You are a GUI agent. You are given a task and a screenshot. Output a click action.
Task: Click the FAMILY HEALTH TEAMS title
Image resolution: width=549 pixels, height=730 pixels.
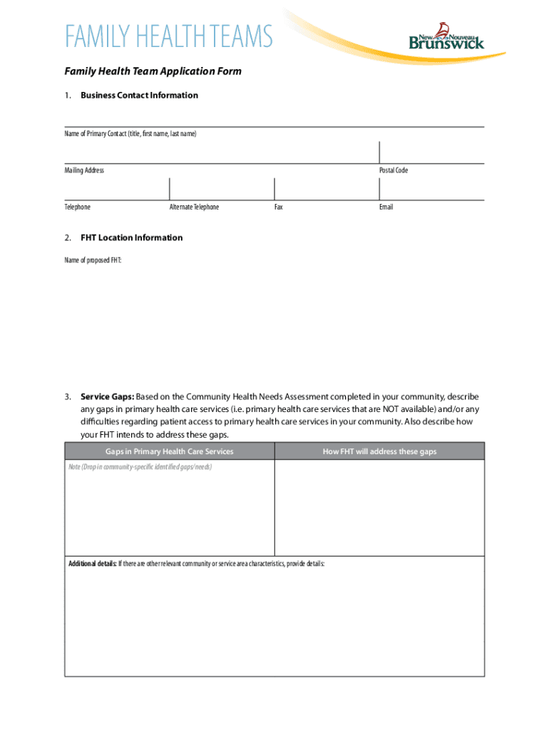click(169, 36)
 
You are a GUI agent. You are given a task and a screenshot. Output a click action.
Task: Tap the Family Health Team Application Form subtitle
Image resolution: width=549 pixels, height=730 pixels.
click(153, 71)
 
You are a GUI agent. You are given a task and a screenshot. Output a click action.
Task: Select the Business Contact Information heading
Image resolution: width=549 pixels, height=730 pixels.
click(139, 96)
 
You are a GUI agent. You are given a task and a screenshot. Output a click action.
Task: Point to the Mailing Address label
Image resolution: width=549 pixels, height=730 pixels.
click(84, 170)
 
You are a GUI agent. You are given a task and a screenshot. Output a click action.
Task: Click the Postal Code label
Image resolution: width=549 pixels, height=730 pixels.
click(394, 170)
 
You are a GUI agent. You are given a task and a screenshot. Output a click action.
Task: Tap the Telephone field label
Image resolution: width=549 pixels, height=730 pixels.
click(78, 207)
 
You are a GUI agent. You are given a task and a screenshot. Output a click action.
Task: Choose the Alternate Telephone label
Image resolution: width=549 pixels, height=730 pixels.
click(194, 207)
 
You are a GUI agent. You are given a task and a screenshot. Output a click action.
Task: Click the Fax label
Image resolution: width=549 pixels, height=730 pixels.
click(279, 207)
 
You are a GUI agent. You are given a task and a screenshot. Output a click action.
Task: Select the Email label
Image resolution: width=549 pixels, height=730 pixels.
click(386, 207)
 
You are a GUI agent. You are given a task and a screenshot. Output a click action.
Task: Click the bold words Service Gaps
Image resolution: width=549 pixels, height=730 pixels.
click(107, 396)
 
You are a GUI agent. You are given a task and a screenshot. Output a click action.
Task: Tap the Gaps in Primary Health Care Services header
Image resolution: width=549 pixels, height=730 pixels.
click(170, 452)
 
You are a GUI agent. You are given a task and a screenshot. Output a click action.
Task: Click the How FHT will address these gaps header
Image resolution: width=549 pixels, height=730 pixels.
click(379, 452)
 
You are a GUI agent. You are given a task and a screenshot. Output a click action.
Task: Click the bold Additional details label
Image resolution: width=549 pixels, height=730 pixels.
click(92, 564)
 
